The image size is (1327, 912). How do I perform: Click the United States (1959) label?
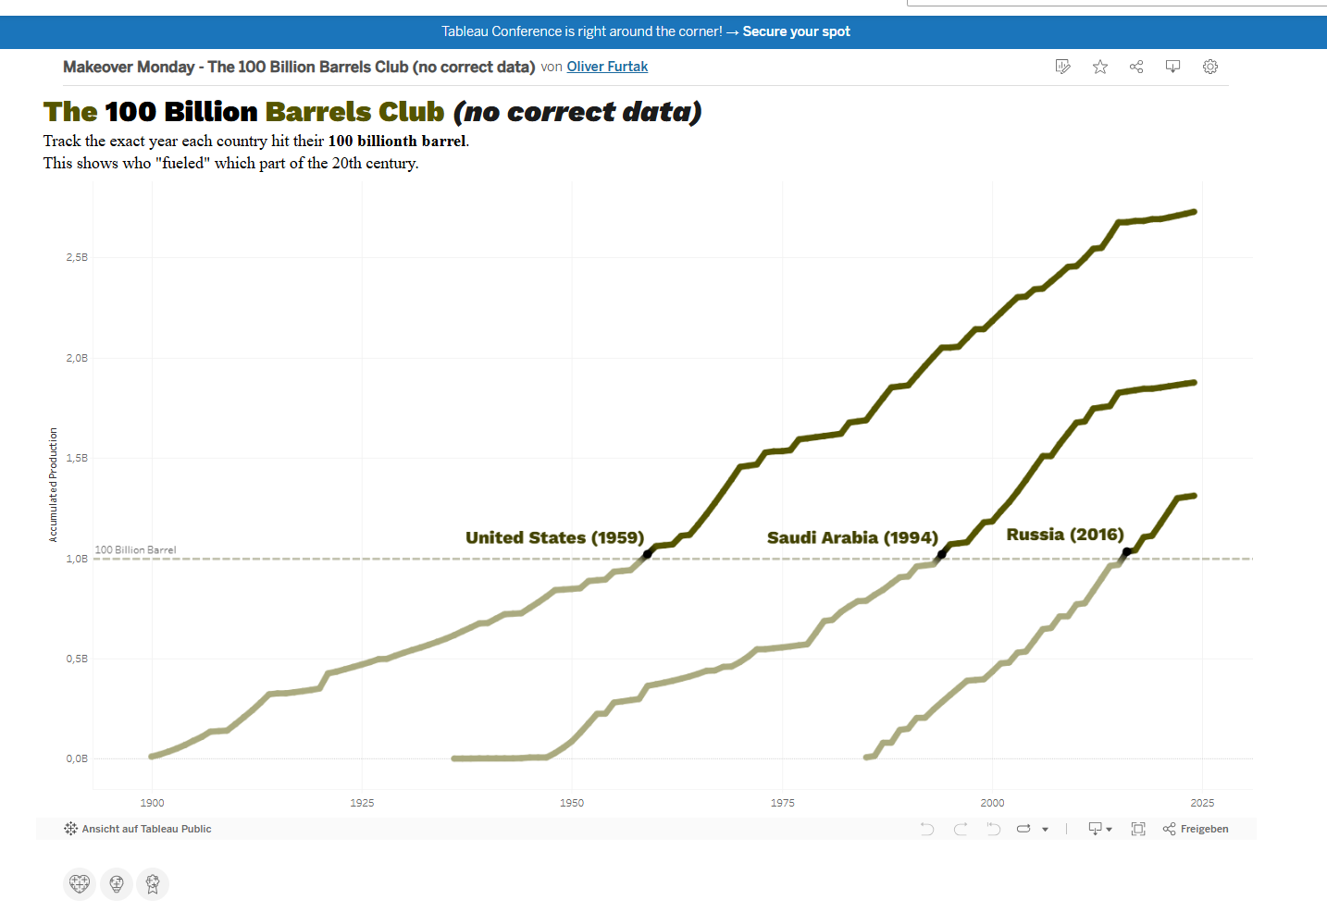554,537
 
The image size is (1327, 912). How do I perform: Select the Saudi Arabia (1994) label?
852,537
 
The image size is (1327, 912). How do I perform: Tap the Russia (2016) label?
1064,535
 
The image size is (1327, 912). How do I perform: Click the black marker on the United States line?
648,553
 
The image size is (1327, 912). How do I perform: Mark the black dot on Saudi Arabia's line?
942,555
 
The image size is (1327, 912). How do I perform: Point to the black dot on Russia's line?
1126,552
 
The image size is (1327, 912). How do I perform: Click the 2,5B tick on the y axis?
77,257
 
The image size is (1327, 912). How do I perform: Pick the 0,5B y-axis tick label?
77,659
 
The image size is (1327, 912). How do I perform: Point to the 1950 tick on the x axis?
572,803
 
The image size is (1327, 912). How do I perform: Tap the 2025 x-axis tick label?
1202,803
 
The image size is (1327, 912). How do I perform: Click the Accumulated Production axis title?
54,485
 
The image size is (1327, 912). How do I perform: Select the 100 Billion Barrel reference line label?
135,549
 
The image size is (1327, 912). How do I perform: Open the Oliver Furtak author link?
607,67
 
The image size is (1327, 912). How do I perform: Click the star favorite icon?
1100,67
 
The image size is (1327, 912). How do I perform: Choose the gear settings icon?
1210,67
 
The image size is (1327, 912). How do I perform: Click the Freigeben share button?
1196,829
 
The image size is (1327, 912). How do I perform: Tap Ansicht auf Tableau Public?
138,829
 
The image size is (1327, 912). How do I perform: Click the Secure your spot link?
796,31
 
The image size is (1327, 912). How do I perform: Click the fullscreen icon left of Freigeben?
1138,829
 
